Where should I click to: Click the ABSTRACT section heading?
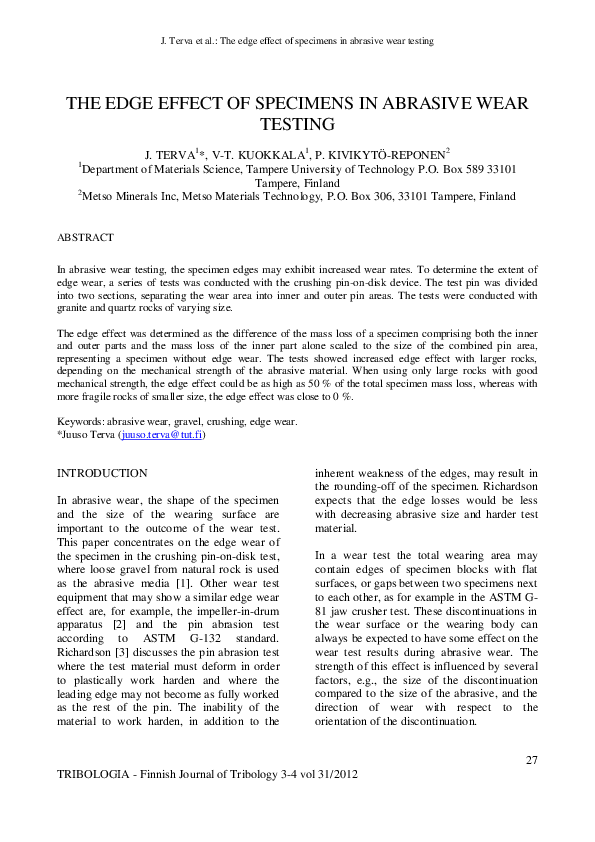tap(85, 238)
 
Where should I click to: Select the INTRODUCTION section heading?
tap(103, 472)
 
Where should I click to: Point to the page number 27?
tap(532, 761)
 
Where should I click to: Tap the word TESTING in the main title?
tap(297, 124)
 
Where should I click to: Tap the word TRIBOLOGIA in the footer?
tap(97, 776)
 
